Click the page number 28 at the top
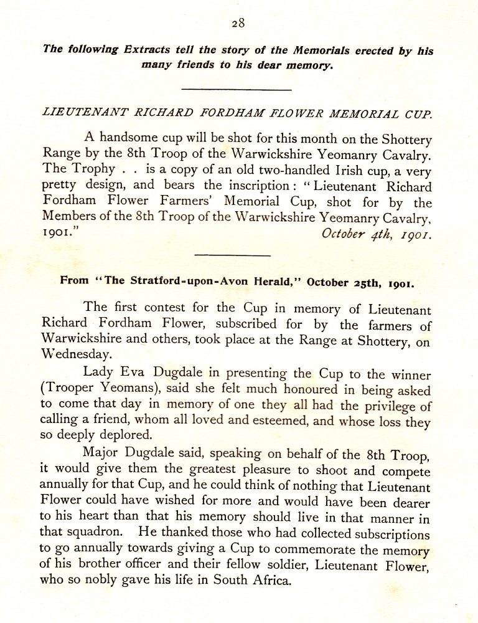[x=238, y=24]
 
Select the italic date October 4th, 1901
[x=377, y=235]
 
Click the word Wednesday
[x=77, y=353]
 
